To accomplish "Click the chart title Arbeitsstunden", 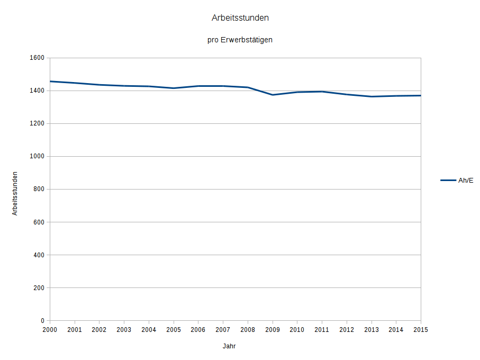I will click(x=240, y=18).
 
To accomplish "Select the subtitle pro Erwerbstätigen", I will click(x=240, y=40).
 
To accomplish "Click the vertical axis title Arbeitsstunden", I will click(x=15, y=193).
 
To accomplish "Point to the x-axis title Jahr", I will click(x=229, y=346).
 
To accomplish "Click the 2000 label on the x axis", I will click(x=50, y=330).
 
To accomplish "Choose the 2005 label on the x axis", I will click(x=174, y=330).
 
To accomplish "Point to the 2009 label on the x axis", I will click(x=273, y=330).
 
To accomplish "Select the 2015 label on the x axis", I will click(x=421, y=330).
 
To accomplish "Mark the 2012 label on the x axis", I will click(x=347, y=330).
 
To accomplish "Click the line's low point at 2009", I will click(x=273, y=95).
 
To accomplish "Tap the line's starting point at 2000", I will click(x=50, y=82).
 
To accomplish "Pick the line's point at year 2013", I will click(x=372, y=96).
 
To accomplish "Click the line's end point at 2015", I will click(x=420, y=96).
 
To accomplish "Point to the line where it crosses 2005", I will click(x=174, y=88).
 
